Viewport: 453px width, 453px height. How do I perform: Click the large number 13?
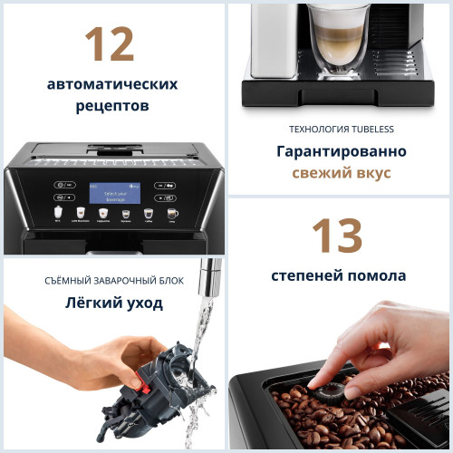tap(337, 236)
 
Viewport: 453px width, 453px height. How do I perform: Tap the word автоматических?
tap(112, 84)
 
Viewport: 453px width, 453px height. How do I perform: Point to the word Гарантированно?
tap(341, 151)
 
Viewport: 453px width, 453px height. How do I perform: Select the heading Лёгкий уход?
tap(114, 303)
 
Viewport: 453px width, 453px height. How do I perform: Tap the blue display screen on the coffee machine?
tap(113, 195)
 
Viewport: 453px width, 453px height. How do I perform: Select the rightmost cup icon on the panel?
tap(172, 215)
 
